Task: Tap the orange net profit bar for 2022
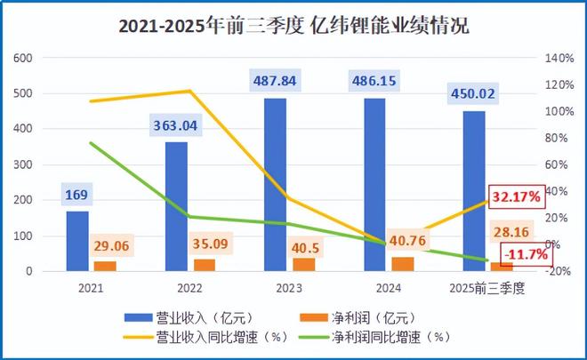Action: [x=204, y=264]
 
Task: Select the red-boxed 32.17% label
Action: [x=516, y=197]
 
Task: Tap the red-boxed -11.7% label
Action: [x=524, y=256]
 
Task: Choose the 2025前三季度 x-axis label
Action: [x=487, y=288]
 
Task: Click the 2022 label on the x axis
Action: [x=189, y=288]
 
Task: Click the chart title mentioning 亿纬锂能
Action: [x=293, y=26]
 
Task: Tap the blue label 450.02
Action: [x=472, y=92]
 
